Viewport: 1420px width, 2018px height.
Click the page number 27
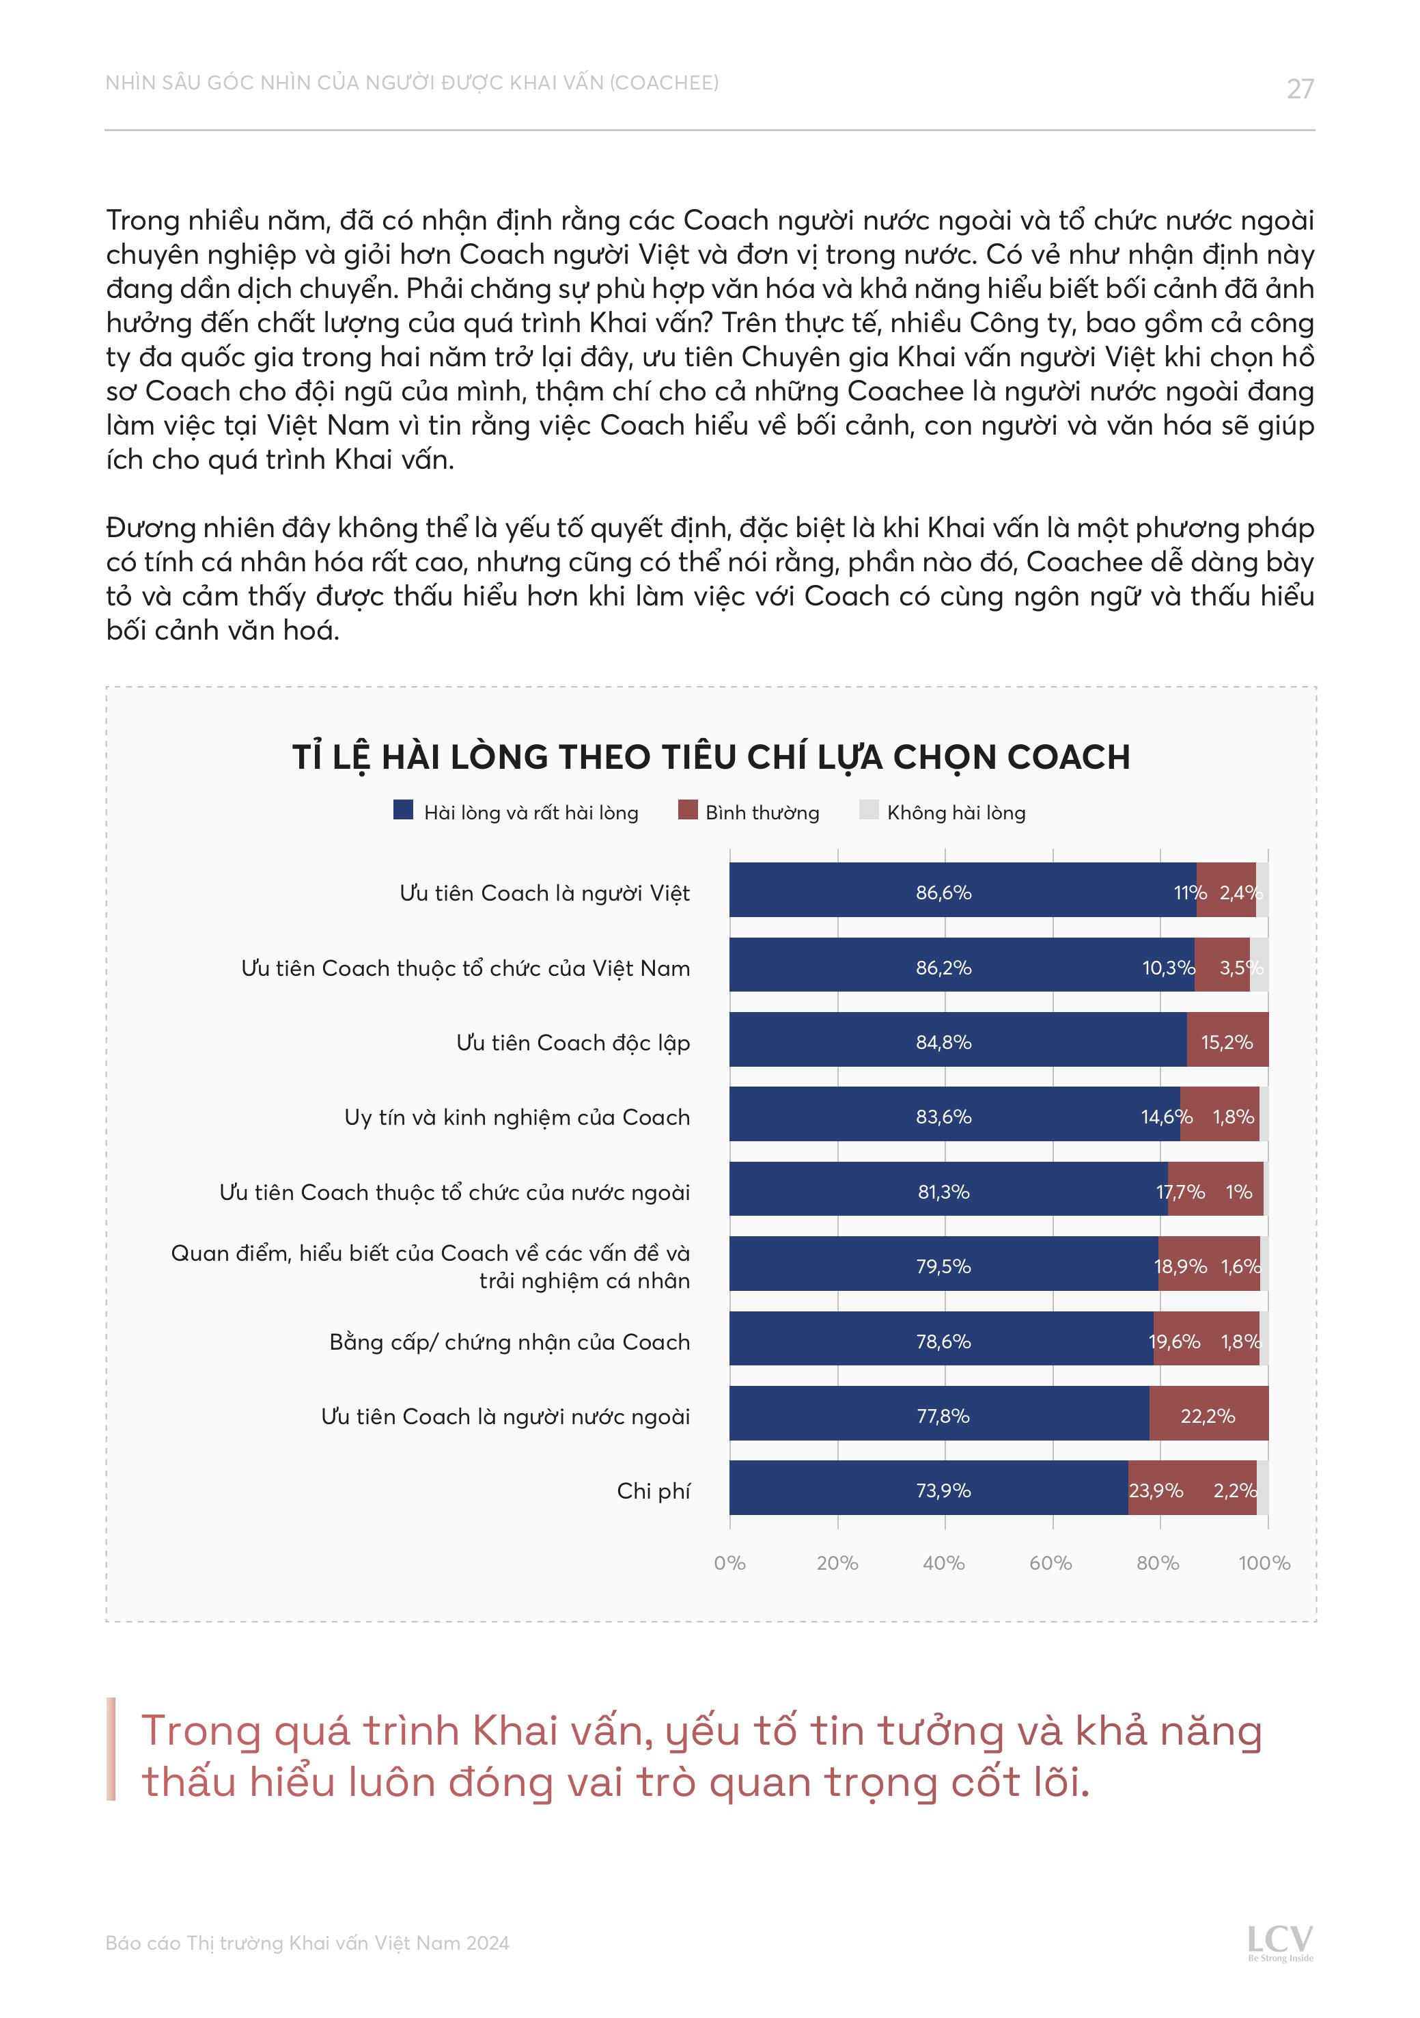pos(1300,89)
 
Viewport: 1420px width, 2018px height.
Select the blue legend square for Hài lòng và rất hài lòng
pos(404,810)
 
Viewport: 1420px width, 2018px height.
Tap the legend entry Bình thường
pos(761,813)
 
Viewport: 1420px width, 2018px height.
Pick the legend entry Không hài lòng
pos(955,813)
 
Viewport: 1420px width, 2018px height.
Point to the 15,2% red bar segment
pos(1227,1042)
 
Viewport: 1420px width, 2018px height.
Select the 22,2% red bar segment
pos(1208,1416)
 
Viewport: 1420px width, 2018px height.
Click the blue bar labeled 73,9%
pos(928,1490)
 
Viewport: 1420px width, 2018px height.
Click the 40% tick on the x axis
pos(944,1564)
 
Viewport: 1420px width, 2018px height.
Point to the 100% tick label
pos(1264,1564)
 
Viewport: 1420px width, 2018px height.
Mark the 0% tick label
pos(729,1564)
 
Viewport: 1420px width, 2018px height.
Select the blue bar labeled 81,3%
pos(947,1192)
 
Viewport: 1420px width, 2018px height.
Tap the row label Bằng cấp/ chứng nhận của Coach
pos(510,1342)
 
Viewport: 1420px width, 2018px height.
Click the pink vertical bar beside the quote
pos(111,1749)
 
